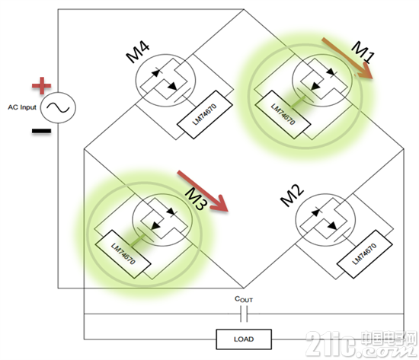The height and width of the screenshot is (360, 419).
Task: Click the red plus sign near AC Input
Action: (x=41, y=85)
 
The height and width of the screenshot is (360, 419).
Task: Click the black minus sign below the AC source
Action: (x=41, y=131)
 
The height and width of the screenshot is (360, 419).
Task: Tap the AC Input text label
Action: (x=22, y=107)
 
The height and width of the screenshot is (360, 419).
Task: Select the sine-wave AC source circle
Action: (x=58, y=107)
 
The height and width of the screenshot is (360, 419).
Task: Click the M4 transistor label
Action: (x=138, y=53)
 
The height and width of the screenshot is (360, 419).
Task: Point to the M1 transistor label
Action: (x=363, y=53)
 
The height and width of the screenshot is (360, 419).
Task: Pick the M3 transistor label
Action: (x=196, y=199)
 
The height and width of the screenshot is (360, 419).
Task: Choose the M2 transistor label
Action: (x=292, y=196)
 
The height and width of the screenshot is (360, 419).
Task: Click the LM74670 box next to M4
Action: (x=205, y=115)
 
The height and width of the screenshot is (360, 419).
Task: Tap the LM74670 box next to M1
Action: (x=283, y=115)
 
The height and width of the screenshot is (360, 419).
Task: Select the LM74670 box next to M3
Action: (x=123, y=254)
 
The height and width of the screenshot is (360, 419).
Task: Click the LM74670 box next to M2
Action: (x=365, y=254)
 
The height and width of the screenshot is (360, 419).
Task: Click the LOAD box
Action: (x=244, y=339)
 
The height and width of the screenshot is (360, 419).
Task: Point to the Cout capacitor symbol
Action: (x=244, y=314)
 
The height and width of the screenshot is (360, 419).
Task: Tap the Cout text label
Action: (x=244, y=299)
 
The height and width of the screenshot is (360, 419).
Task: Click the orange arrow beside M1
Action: (x=347, y=58)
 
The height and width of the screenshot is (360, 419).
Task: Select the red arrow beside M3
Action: (x=203, y=191)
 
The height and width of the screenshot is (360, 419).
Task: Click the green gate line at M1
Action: (x=298, y=102)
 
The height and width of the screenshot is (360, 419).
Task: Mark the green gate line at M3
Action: (x=137, y=240)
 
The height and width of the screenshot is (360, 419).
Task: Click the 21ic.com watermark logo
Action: (x=362, y=343)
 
